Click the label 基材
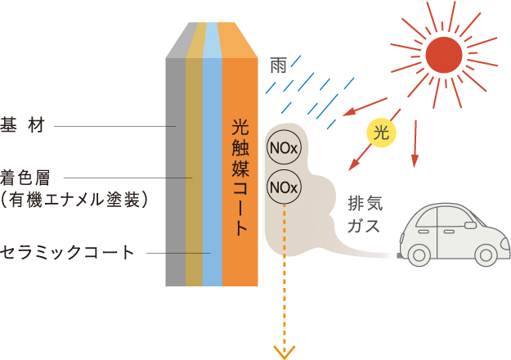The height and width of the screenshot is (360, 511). (22, 127)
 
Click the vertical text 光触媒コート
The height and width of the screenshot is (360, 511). (240, 177)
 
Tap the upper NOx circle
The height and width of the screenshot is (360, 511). (284, 149)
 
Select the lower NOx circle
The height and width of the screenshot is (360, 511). (284, 187)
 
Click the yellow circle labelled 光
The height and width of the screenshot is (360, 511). (380, 133)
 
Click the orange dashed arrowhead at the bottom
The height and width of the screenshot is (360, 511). (285, 353)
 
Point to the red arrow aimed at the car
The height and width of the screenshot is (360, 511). (415, 143)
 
